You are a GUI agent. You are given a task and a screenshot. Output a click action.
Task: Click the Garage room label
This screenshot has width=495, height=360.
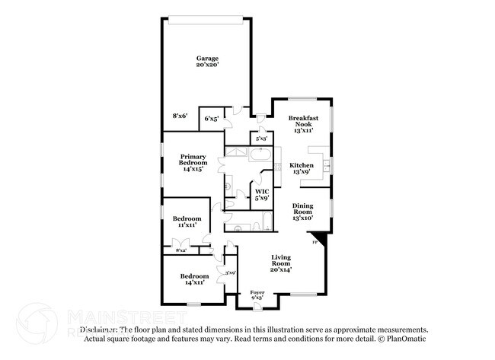point(207,62)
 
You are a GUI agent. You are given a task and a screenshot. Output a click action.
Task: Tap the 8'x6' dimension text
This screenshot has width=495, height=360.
point(180,116)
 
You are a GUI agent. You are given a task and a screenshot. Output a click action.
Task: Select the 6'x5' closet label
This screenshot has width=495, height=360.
point(211,119)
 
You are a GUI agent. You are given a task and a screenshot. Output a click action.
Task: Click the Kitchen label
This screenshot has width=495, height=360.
point(302,169)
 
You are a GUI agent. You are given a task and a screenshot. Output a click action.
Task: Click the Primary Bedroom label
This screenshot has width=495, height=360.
point(193,163)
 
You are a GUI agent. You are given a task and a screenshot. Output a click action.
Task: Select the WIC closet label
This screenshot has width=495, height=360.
point(262,194)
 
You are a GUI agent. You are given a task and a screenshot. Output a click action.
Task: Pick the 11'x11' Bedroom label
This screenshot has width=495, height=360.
point(187,221)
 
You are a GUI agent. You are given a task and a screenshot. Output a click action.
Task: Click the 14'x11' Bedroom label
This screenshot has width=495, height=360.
point(193,279)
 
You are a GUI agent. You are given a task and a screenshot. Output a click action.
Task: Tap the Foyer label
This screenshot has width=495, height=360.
point(257,295)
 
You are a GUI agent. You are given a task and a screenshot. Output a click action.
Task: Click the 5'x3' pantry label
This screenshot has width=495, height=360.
point(261,139)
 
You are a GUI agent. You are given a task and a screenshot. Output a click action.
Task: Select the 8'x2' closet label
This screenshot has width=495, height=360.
point(181,250)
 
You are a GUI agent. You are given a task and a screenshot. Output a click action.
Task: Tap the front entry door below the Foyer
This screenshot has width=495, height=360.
point(257,307)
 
